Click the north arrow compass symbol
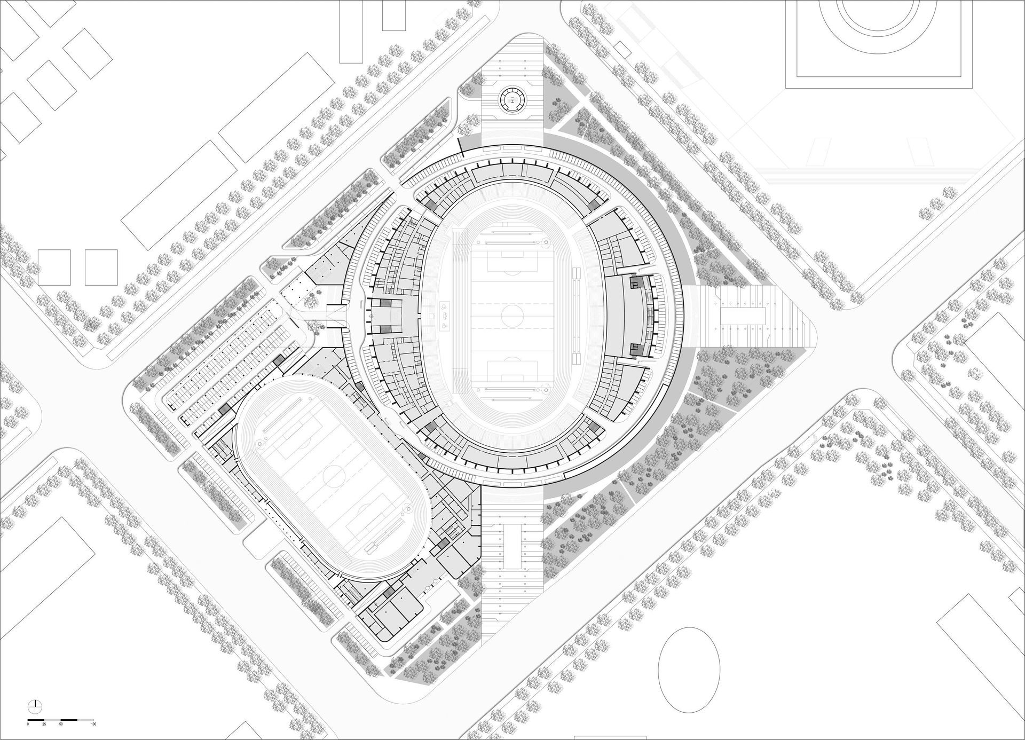point(35,705)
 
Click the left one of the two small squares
point(54,267)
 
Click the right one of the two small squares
point(101,267)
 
